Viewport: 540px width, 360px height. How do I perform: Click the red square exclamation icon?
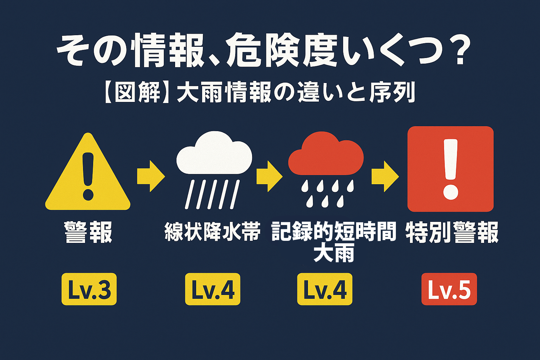(x=450, y=169)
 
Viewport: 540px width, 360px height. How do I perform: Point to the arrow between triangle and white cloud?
(x=151, y=176)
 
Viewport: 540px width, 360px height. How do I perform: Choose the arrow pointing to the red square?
(x=385, y=176)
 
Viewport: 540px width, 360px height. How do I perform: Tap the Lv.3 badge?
(x=89, y=289)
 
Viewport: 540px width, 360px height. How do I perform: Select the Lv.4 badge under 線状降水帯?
(x=213, y=289)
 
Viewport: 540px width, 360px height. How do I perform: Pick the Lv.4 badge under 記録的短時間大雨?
(x=325, y=289)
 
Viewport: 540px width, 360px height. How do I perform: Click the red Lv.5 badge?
(x=449, y=289)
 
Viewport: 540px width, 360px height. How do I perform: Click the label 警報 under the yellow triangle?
(x=88, y=232)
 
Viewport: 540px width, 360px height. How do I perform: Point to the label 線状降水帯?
(x=212, y=231)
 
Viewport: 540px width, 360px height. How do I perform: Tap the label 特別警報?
(x=452, y=232)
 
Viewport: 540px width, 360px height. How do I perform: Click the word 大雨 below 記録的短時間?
(x=334, y=252)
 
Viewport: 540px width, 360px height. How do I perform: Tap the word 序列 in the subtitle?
(x=392, y=92)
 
